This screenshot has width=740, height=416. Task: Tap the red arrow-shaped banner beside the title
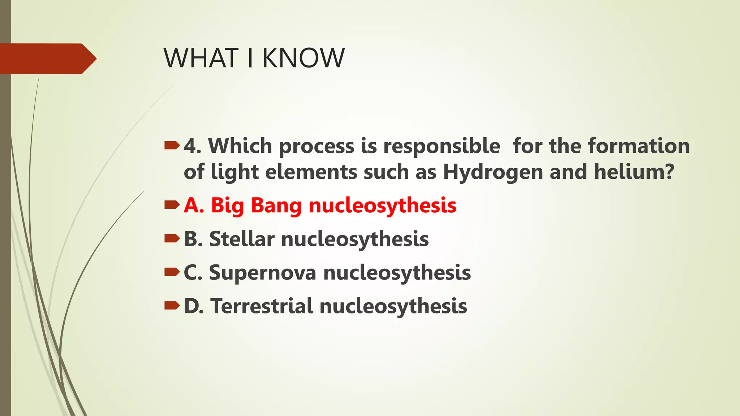[47, 58]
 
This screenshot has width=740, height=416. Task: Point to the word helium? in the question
[634, 172]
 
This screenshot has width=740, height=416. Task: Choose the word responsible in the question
[442, 146]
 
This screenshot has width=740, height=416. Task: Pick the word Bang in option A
[276, 205]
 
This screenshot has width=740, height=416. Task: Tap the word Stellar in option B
[242, 239]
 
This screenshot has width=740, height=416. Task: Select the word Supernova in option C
[263, 272]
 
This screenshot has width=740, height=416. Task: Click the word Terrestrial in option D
[262, 306]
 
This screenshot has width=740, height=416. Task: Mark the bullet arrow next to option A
[172, 205]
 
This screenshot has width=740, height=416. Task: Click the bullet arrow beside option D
[172, 306]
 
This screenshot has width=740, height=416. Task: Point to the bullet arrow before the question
[172, 146]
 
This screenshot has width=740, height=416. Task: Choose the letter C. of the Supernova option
[193, 272]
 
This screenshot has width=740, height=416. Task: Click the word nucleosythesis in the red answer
[383, 205]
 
